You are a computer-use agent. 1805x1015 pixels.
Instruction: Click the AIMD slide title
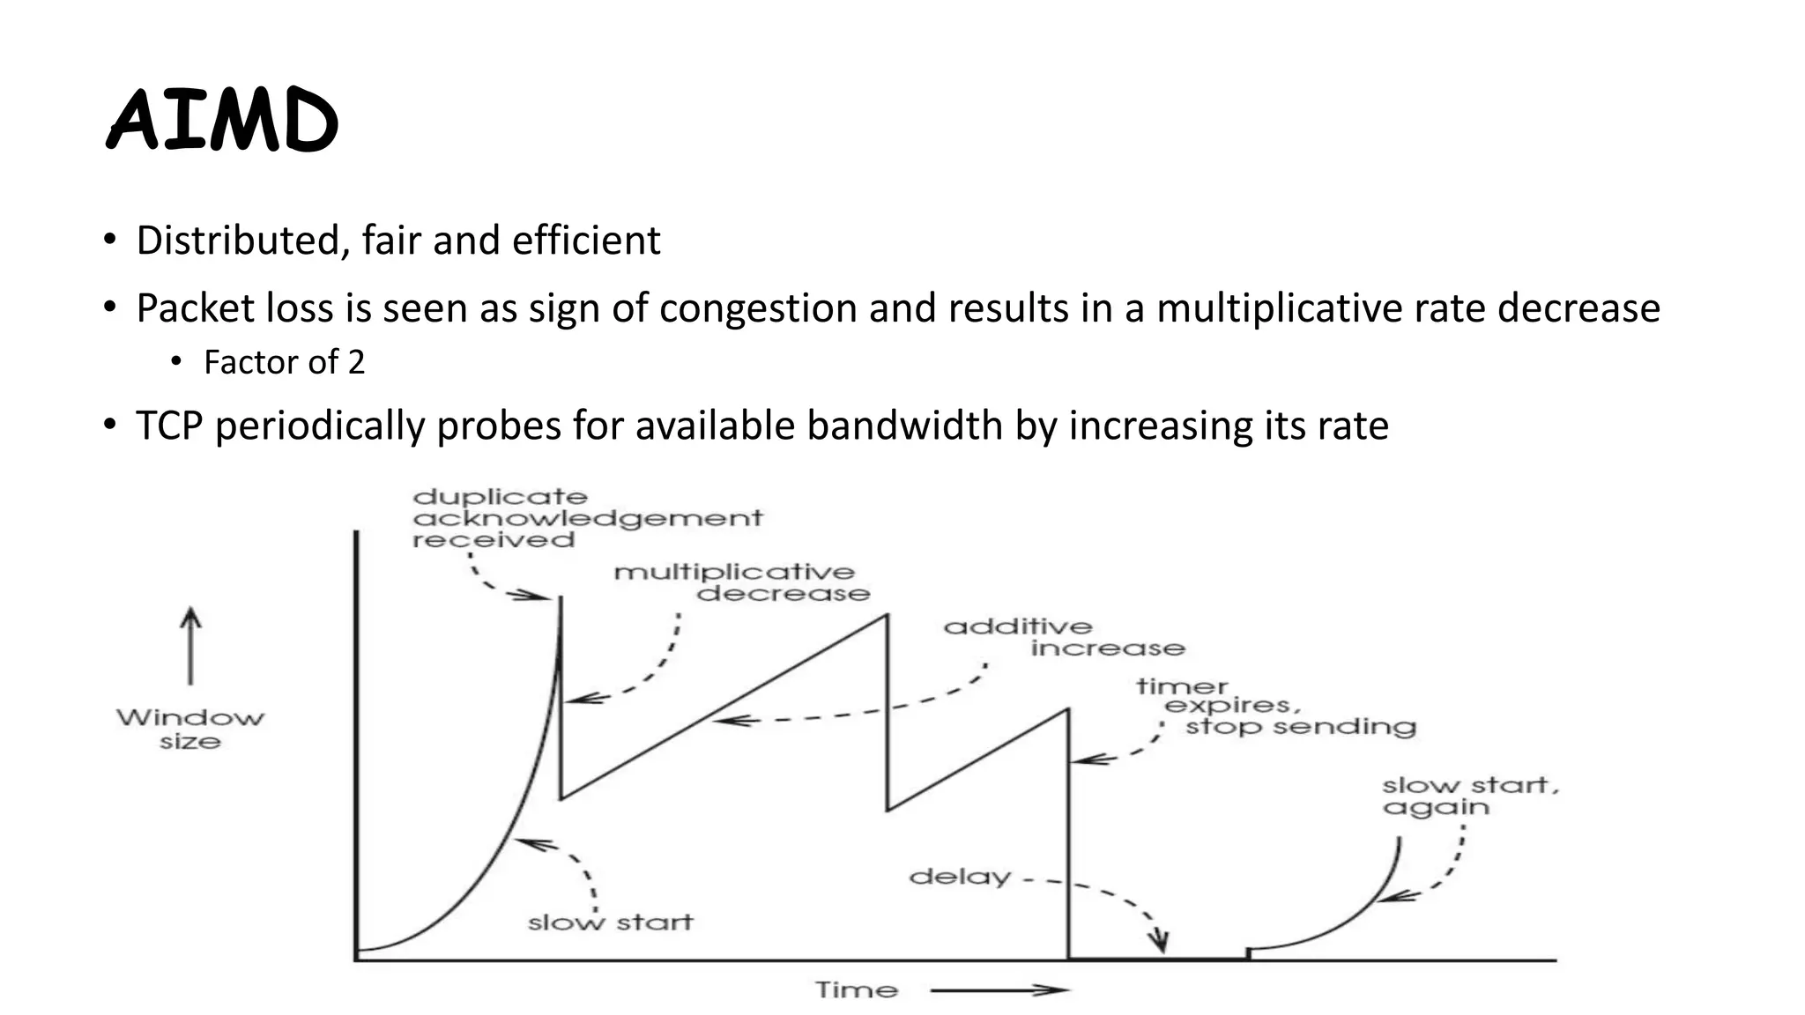coord(222,122)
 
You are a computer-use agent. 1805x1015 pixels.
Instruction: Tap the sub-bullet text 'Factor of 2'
coord(284,362)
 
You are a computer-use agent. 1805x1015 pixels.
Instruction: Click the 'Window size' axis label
coord(189,729)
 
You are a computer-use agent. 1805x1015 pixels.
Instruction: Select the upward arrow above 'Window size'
coord(190,645)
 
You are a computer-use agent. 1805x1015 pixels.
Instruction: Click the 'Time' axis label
coord(856,990)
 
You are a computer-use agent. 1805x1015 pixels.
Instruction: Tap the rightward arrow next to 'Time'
coord(999,990)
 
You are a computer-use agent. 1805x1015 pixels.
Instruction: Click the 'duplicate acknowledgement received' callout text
coord(586,518)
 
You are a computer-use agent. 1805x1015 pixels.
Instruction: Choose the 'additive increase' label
coord(1064,637)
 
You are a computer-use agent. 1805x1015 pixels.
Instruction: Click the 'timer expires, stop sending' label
coord(1275,707)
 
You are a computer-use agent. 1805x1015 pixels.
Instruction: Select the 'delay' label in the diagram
coord(959,877)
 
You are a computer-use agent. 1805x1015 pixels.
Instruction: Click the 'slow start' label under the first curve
coord(610,922)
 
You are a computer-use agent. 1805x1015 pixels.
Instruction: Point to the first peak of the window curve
coord(561,599)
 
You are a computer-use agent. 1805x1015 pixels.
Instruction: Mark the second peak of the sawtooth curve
coord(887,615)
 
